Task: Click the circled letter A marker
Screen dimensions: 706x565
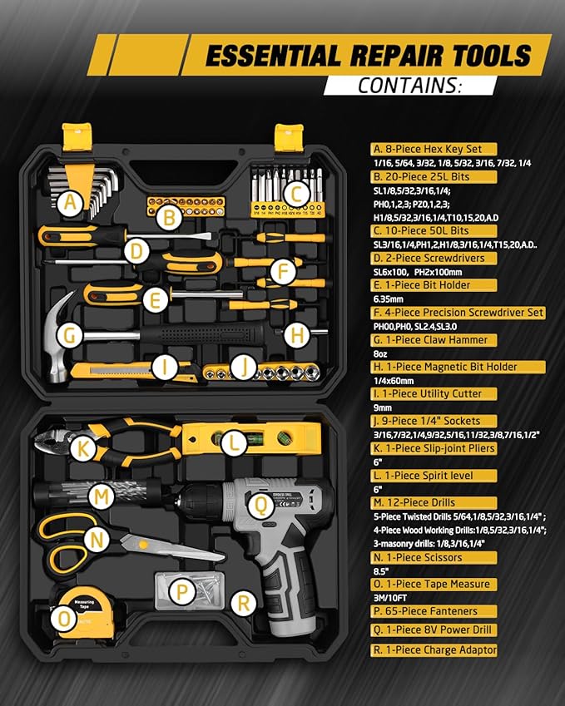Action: click(72, 201)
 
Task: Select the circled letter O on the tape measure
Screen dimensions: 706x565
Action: click(64, 618)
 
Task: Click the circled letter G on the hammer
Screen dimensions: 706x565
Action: click(72, 336)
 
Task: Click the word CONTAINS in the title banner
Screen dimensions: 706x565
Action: click(409, 85)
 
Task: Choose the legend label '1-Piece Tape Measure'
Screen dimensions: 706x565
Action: click(435, 585)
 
